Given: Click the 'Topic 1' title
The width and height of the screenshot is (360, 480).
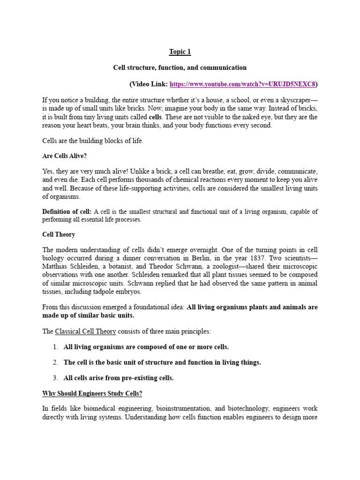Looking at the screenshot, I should tap(180, 52).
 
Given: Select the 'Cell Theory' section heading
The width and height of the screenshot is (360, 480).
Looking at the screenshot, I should tap(59, 234).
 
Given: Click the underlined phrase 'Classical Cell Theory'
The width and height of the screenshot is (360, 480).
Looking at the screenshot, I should tap(85, 331).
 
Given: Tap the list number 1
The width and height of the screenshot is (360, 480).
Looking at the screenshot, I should tap(55, 347).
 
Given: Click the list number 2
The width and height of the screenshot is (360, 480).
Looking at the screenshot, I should tap(55, 362).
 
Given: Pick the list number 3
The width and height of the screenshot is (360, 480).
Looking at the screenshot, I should tap(55, 378).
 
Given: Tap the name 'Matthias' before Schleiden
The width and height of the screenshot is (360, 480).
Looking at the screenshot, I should tap(56, 267).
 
